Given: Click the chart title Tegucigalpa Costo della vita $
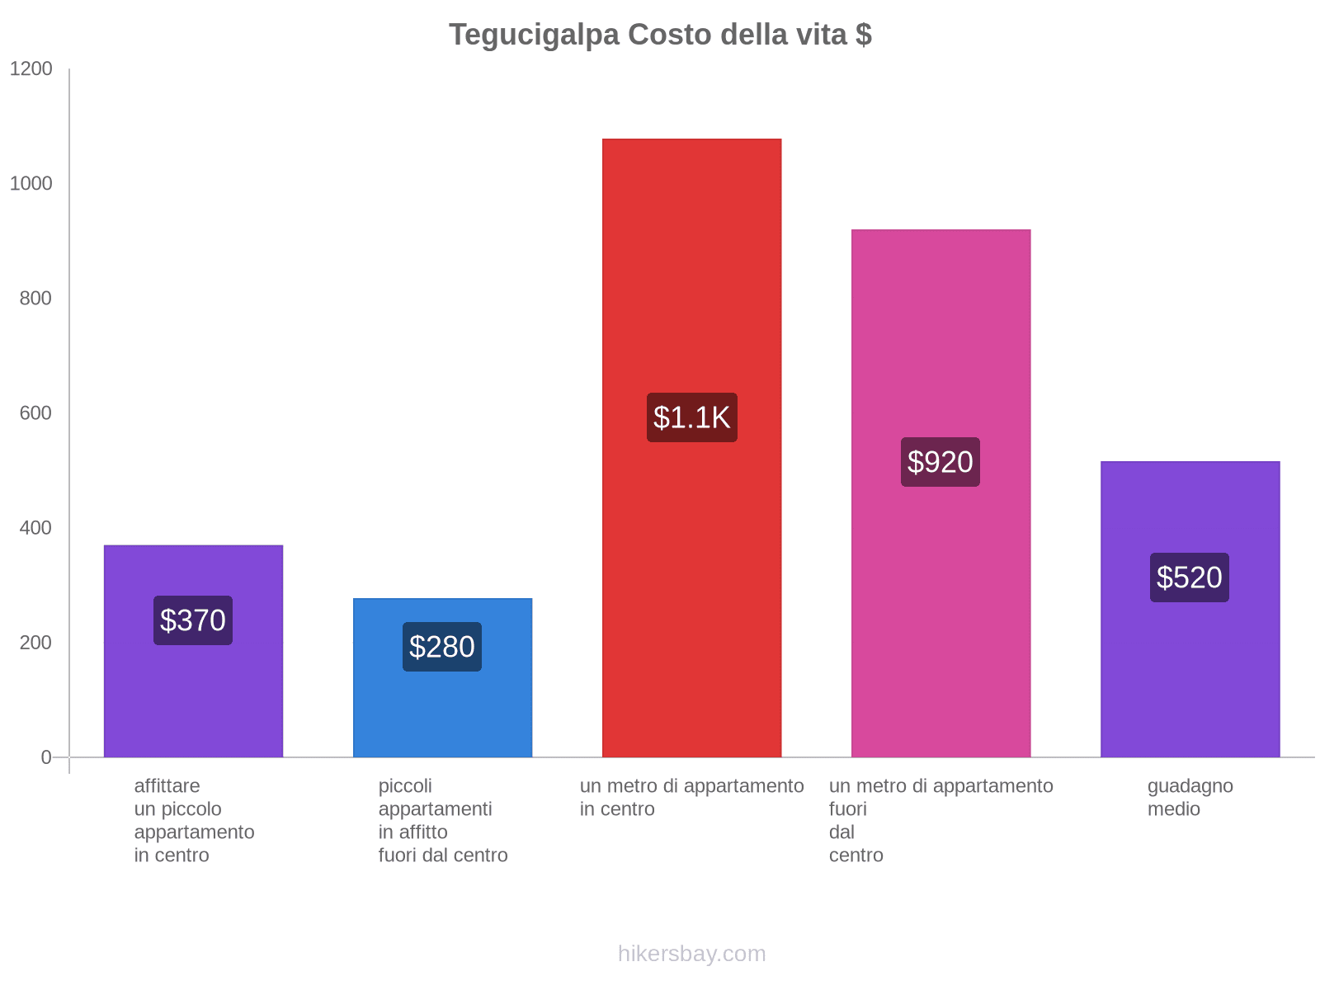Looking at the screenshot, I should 660,35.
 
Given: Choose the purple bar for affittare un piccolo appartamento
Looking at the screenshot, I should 193,701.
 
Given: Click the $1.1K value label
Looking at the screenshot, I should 691,417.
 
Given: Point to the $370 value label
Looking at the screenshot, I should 193,620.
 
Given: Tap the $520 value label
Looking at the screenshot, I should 1189,577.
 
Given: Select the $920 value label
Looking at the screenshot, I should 940,462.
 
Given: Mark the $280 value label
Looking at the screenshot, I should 442,647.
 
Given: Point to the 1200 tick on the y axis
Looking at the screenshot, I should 31,69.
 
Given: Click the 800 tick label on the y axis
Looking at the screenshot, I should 36,299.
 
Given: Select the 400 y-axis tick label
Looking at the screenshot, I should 36,528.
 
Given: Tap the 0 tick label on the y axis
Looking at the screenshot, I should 46,757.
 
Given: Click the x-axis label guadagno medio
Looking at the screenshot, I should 1190,798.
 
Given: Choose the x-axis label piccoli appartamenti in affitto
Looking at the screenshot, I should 442,820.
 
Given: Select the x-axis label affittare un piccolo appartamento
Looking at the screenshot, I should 194,820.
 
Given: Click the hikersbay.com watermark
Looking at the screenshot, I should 691,954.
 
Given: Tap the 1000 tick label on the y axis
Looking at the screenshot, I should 31,184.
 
